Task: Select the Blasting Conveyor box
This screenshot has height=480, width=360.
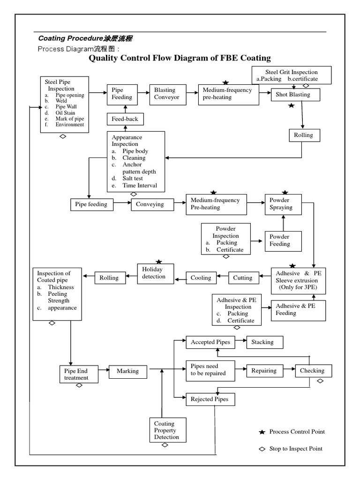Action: pos(167,94)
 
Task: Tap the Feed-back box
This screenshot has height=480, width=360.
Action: pos(125,119)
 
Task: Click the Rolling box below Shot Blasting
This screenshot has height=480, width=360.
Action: pos(303,135)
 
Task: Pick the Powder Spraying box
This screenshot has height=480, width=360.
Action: pos(283,204)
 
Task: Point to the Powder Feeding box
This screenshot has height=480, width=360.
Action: pos(283,240)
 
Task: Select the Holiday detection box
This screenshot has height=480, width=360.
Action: pos(155,273)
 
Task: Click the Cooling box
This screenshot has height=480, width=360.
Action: pos(201,278)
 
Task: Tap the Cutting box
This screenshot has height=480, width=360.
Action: pos(243,278)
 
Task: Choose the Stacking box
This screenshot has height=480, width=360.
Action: pos(265,342)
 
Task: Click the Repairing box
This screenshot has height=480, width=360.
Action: pos(264,370)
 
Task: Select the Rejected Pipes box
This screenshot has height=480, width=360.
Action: pos(210,399)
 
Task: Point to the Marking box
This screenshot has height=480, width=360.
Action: pos(128,371)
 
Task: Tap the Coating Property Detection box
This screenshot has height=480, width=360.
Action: pos(167,430)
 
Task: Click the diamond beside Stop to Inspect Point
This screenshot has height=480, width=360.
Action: pos(262,449)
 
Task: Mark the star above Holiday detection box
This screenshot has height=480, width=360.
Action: pos(159,262)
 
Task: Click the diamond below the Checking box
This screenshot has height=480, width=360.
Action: pos(320,381)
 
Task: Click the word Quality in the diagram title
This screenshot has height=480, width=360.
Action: pos(105,58)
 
